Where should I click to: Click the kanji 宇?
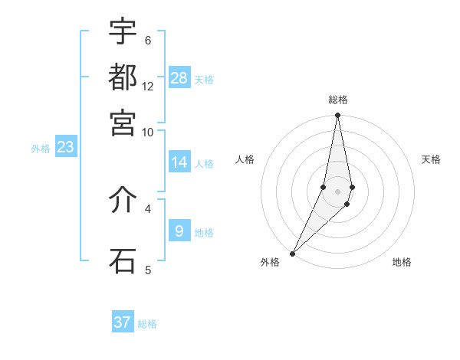tap(123, 31)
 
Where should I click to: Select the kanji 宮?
tap(123, 122)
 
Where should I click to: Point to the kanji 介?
tap(123, 200)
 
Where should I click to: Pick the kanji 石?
tap(123, 260)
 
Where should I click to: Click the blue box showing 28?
tap(179, 77)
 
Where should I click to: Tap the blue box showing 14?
tap(179, 162)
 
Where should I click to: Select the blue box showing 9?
tap(179, 231)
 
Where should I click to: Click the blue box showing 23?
tap(65, 147)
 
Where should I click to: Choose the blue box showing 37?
tap(123, 322)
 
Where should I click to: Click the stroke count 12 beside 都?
tap(148, 87)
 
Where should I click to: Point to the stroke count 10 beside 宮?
tap(148, 132)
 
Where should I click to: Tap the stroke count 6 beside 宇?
tap(148, 41)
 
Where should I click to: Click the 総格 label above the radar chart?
tap(337, 100)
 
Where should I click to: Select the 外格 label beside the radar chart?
tap(270, 263)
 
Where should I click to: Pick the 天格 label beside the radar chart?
tap(431, 159)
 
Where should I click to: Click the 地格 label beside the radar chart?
tap(402, 263)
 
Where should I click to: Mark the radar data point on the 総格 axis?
tap(337, 116)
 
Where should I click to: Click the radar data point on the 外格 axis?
tap(293, 253)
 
